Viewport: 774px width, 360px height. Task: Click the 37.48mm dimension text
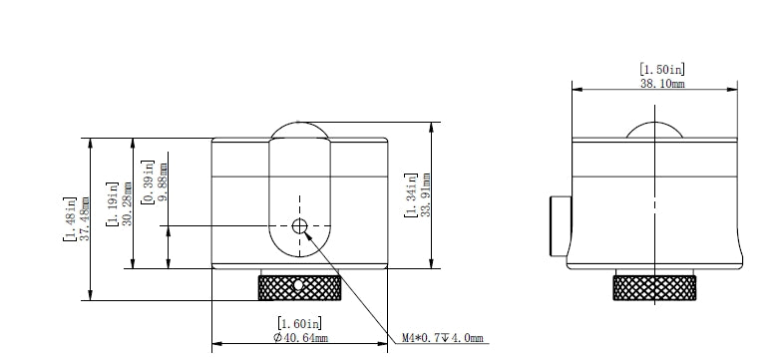coord(85,218)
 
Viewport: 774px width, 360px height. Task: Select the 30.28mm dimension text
coord(127,203)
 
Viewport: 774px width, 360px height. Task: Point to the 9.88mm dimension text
coord(162,180)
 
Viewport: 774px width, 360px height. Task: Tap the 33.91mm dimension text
coord(425,195)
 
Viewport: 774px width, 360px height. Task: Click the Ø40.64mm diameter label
coord(300,338)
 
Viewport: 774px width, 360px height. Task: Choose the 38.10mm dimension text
coord(662,84)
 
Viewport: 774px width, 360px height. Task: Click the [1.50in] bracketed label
coord(662,69)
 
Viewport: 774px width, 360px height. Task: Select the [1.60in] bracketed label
coord(299,323)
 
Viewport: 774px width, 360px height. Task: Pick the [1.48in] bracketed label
coord(70,218)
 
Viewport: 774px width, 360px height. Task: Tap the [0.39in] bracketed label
coord(147,181)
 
